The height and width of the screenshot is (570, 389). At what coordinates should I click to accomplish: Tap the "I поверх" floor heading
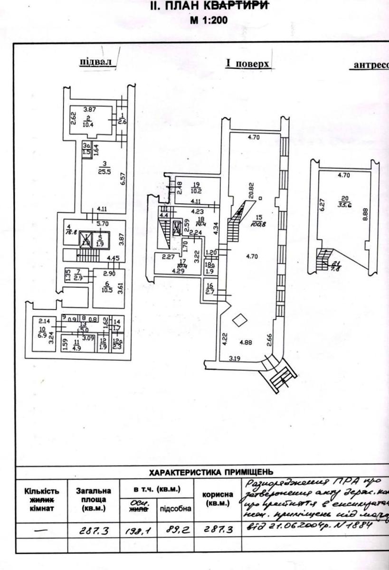pos(248,64)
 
